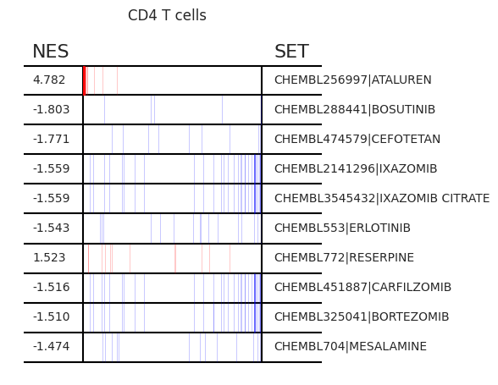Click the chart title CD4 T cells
coord(167,15)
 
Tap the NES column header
coord(51,51)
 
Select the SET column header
coord(291,51)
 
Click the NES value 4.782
coord(49,80)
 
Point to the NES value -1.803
coord(51,109)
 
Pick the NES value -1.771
coord(51,139)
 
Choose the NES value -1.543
coord(51,228)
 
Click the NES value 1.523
coord(49,257)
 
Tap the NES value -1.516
coord(51,287)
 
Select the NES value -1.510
coord(51,316)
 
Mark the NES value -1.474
coord(51,346)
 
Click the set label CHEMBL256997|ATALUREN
coord(353,80)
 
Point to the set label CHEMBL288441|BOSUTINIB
coord(355,109)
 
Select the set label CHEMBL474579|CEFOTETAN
coord(357,139)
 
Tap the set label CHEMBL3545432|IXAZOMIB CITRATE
coord(382,198)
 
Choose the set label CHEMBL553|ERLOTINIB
coord(342,228)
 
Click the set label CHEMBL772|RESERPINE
coord(344,257)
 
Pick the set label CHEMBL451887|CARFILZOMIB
coord(362,287)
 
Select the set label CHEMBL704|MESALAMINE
coord(351,346)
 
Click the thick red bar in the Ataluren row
coord(85,80)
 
